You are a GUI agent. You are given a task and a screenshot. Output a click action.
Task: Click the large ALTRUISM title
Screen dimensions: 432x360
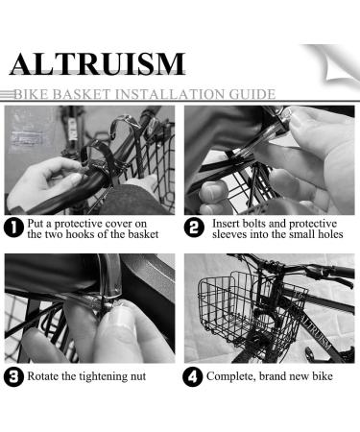[x=96, y=63]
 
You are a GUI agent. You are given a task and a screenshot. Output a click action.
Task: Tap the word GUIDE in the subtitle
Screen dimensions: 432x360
[x=251, y=94]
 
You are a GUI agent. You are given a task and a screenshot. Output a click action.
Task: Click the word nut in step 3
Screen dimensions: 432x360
[x=135, y=376]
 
